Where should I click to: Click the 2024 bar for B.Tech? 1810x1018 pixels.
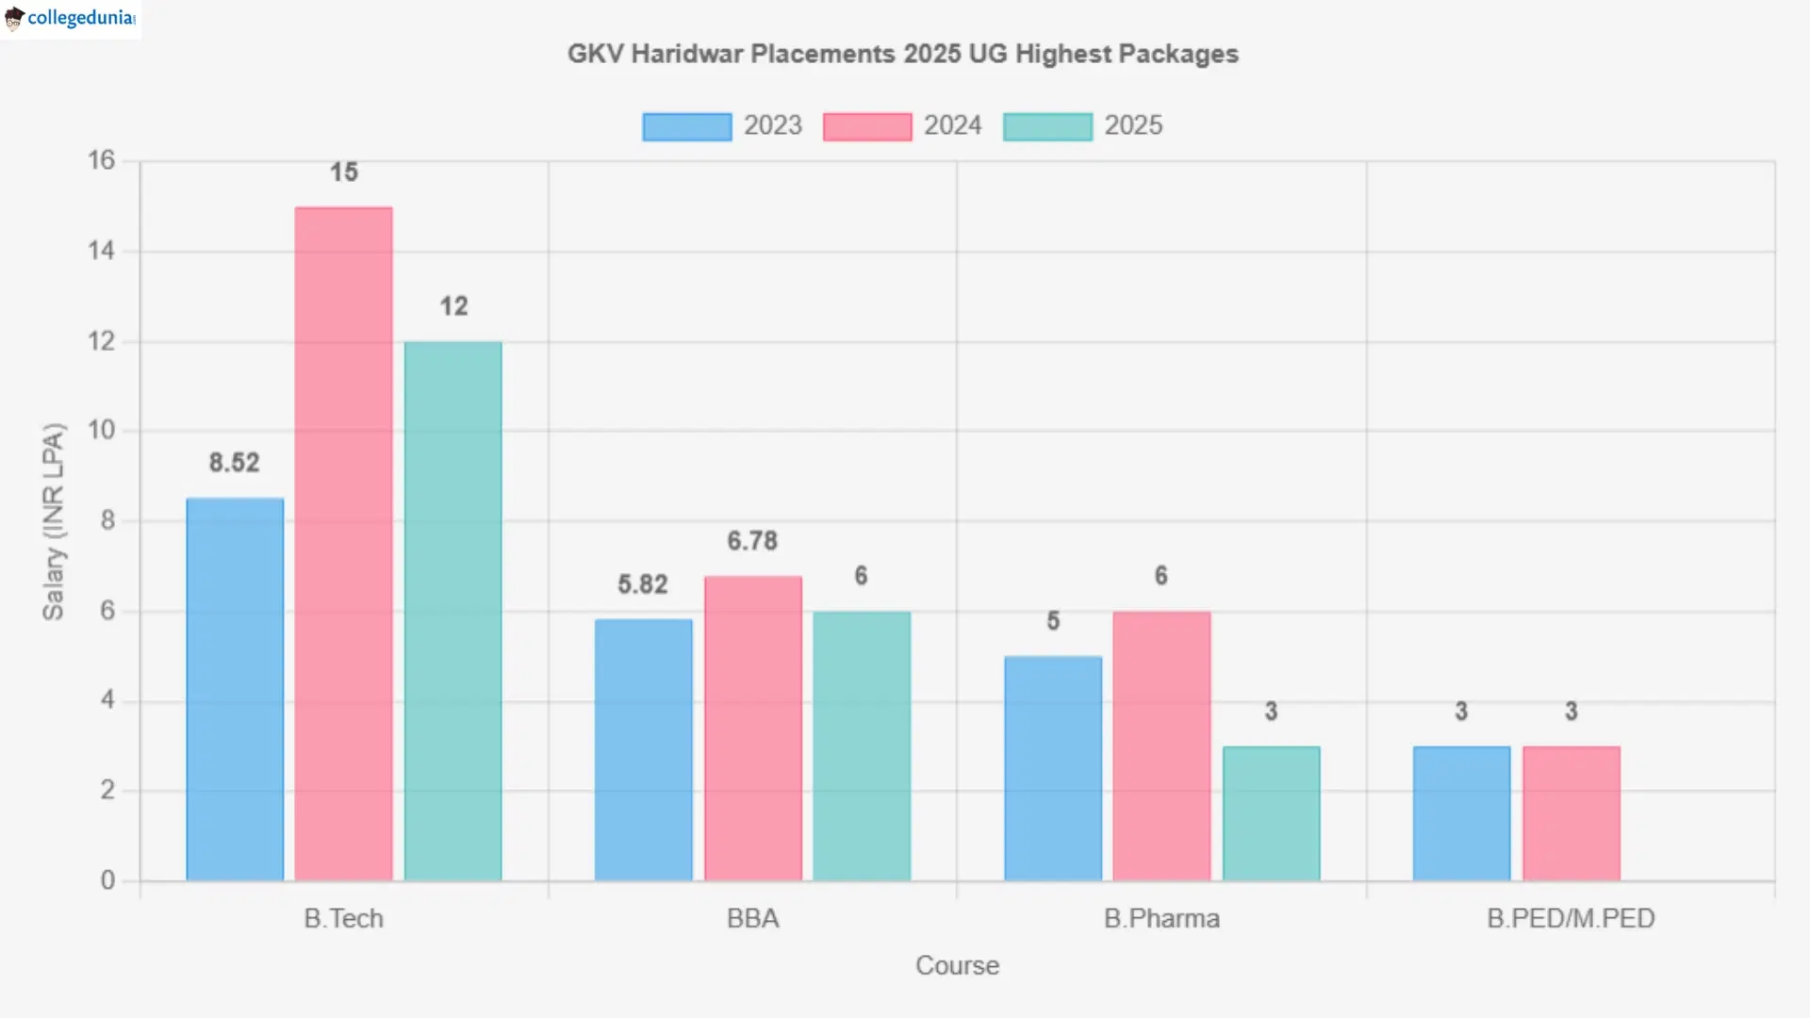(343, 544)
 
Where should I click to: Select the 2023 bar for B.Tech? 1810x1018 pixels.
(235, 689)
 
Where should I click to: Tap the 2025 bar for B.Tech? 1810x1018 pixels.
(452, 611)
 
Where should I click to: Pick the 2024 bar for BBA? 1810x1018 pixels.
(752, 729)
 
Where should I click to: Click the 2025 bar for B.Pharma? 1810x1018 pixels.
(1271, 813)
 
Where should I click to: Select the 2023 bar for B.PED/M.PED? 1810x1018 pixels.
(1461, 813)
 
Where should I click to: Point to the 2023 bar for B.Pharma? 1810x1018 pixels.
(1053, 768)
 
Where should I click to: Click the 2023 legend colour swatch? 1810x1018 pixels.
(686, 126)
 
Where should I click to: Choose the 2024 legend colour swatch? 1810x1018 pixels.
(866, 126)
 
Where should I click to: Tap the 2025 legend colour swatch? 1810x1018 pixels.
(1047, 126)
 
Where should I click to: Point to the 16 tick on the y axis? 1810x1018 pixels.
(101, 160)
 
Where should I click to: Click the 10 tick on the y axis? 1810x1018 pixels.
(101, 431)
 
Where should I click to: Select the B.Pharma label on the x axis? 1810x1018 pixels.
(1161, 918)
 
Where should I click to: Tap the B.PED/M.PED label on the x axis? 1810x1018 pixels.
(1571, 918)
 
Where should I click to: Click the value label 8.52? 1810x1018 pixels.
(234, 463)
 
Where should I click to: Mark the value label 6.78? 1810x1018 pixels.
(752, 541)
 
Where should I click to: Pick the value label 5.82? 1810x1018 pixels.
(643, 584)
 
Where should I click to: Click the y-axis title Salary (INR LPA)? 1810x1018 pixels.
(54, 521)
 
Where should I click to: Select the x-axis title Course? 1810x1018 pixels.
(957, 965)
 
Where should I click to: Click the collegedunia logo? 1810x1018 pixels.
(71, 19)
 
